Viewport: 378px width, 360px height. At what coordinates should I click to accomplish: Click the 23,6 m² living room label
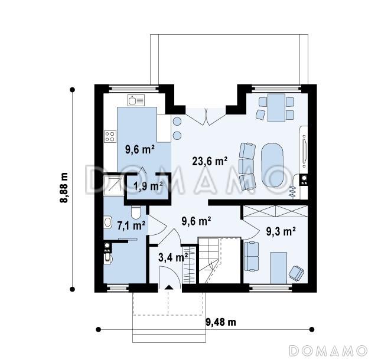[x=210, y=161]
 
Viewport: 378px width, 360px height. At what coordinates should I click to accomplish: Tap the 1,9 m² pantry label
[x=148, y=186]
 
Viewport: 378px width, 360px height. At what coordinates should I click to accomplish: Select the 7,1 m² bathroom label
[x=131, y=225]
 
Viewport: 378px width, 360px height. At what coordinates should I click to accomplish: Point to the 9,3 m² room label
[x=281, y=231]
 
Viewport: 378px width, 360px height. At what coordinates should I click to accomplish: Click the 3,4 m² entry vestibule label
[x=173, y=257]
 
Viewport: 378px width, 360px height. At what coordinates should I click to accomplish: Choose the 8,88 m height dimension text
[x=64, y=188]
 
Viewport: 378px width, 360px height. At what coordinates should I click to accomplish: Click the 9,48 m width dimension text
[x=221, y=322]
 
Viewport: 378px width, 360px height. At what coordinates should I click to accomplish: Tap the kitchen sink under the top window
[x=136, y=100]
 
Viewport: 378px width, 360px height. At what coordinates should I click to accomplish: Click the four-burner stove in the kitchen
[x=110, y=136]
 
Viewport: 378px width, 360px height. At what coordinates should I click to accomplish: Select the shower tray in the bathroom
[x=114, y=185]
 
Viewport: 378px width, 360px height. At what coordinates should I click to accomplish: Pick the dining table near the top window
[x=276, y=108]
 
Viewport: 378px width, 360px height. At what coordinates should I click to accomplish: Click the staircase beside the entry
[x=208, y=260]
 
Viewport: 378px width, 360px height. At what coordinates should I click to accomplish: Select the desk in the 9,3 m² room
[x=279, y=268]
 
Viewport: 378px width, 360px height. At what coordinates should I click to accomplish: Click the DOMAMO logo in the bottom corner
[x=328, y=351]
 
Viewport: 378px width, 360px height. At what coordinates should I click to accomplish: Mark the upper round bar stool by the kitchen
[x=177, y=121]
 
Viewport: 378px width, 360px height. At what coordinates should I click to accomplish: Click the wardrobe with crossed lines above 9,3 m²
[x=276, y=211]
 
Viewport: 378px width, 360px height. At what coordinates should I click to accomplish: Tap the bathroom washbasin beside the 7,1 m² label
[x=108, y=222]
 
